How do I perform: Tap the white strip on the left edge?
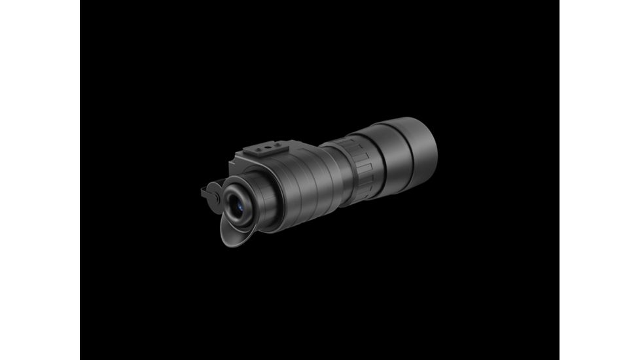pyautogui.click(x=40, y=180)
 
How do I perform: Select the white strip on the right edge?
pyautogui.click(x=599, y=180)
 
